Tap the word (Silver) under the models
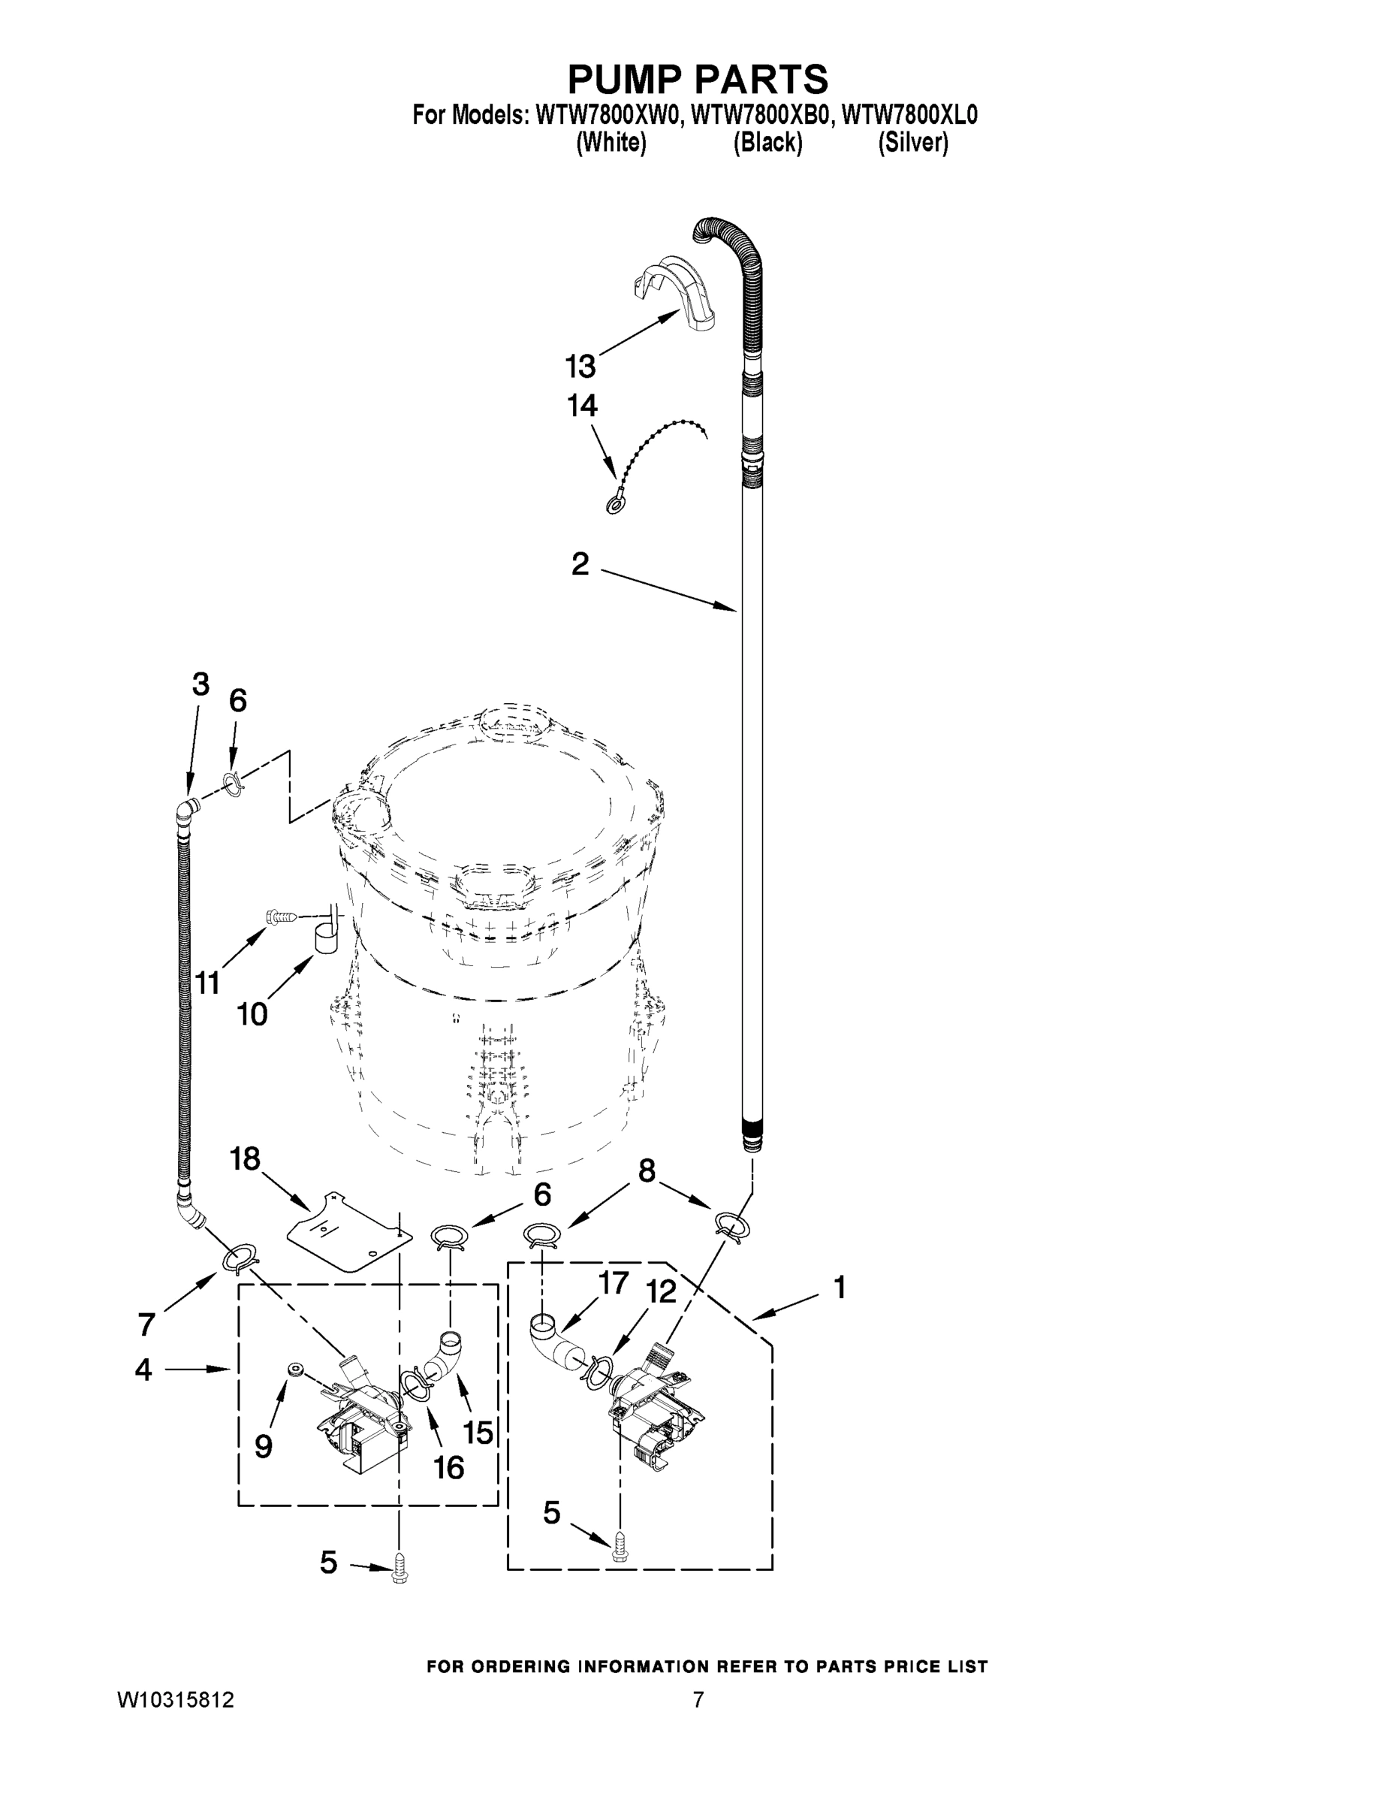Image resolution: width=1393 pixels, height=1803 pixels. click(x=912, y=143)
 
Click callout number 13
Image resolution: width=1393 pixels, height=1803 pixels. click(x=580, y=366)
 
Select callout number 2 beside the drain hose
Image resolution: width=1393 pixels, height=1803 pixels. click(x=580, y=565)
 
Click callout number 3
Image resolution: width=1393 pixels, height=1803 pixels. click(x=201, y=684)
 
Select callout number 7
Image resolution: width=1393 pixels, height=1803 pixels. click(x=146, y=1324)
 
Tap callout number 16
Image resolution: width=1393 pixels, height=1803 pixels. click(x=449, y=1467)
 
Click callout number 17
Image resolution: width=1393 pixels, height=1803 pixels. click(x=614, y=1283)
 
